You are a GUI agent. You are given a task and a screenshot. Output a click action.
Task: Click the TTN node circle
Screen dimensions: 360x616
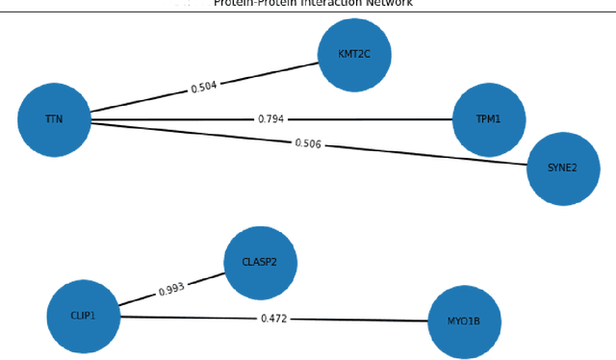(54, 119)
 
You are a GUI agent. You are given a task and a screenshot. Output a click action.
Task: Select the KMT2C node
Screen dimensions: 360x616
(355, 56)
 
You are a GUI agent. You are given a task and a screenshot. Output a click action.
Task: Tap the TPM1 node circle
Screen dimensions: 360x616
(489, 120)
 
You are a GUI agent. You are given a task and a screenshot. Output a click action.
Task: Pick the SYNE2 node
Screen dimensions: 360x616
(563, 168)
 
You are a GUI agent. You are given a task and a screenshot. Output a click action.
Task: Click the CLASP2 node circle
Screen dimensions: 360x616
(260, 262)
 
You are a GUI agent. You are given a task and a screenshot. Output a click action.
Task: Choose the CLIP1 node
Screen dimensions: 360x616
(84, 316)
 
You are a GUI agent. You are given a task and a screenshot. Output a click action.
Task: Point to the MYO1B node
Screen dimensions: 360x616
(465, 321)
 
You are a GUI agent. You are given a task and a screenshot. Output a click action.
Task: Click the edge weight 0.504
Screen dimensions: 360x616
(203, 87)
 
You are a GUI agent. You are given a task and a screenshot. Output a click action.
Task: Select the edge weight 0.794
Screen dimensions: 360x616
(270, 119)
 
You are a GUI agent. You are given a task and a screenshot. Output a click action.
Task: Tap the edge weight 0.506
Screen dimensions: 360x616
(308, 144)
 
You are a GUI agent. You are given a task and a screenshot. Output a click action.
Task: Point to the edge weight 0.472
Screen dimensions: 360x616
(273, 318)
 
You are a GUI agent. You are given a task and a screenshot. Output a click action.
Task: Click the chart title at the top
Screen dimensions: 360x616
(313, 4)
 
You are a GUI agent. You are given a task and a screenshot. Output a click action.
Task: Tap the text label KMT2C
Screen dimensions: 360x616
(355, 56)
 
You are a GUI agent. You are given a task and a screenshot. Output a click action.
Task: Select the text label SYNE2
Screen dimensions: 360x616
(563, 168)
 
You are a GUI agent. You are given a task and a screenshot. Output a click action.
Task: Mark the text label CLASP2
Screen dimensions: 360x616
(260, 262)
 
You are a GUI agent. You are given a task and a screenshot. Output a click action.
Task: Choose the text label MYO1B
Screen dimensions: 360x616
(465, 321)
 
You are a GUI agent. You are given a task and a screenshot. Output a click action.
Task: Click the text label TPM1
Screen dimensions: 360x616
(489, 120)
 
